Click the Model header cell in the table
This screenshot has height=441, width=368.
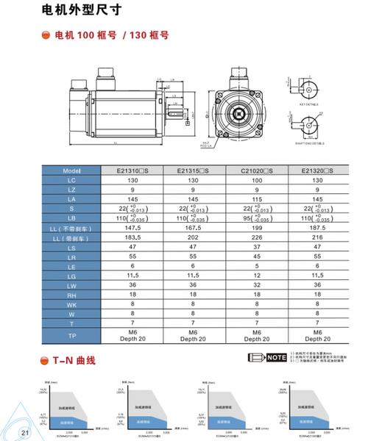[71, 171]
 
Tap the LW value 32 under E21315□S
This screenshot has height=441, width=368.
[191, 284]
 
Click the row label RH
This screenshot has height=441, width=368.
[71, 294]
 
